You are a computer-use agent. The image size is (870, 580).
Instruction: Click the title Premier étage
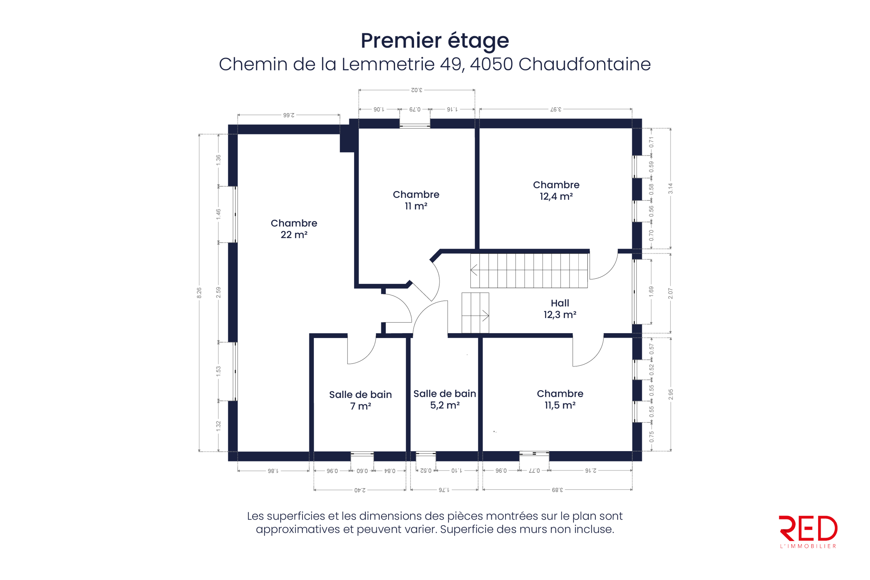click(435, 40)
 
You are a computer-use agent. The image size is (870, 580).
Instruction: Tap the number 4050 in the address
click(491, 64)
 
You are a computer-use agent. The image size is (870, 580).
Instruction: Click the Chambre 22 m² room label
click(294, 229)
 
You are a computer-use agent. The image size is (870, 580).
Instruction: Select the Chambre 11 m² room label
click(416, 200)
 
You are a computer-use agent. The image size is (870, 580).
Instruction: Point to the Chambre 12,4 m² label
click(556, 191)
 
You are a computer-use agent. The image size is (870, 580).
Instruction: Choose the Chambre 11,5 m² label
click(560, 399)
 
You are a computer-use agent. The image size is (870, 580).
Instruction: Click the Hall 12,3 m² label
click(560, 309)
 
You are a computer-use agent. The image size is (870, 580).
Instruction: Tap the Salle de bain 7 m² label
click(360, 400)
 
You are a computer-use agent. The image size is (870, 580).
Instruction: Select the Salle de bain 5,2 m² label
click(445, 399)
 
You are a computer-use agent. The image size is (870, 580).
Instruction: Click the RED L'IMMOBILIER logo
click(808, 531)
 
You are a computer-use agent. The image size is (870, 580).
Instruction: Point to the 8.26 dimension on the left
click(199, 293)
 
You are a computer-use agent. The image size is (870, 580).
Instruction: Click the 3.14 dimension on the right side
click(671, 188)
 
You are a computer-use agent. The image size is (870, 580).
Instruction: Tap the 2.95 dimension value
click(671, 394)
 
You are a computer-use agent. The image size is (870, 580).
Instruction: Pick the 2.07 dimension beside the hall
click(671, 293)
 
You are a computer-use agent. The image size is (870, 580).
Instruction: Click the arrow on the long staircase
click(474, 270)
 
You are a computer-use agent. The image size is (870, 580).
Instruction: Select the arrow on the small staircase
click(485, 316)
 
